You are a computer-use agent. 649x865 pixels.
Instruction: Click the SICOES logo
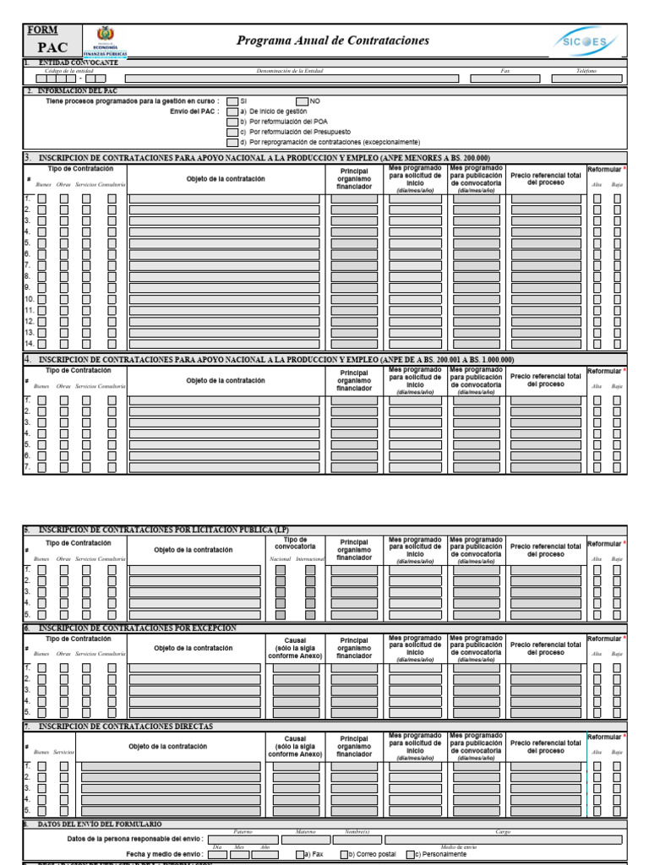[588, 41]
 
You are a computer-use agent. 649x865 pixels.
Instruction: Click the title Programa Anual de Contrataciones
[333, 41]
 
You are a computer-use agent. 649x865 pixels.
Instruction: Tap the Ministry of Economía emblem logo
[106, 41]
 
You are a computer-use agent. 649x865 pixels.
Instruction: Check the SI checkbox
[232, 101]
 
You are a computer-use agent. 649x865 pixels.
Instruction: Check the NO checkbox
[302, 101]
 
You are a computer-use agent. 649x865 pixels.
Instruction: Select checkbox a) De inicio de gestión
[232, 112]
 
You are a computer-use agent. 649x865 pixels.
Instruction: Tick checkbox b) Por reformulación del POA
[232, 122]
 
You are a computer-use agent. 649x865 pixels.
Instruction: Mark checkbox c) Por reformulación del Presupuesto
[232, 132]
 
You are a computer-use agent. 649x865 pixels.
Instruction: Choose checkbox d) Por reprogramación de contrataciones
[232, 142]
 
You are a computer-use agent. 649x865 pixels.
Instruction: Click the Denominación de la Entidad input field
[292, 79]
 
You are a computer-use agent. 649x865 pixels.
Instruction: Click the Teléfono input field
[586, 79]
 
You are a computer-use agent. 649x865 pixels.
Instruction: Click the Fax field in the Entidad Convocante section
[505, 79]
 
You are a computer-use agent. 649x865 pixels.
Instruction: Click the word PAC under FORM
[52, 47]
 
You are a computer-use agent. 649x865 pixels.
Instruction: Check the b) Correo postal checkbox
[344, 855]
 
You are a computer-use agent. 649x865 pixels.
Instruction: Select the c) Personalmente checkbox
[410, 855]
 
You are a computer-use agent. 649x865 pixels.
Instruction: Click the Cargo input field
[503, 840]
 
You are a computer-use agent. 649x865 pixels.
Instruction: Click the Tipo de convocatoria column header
[296, 544]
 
